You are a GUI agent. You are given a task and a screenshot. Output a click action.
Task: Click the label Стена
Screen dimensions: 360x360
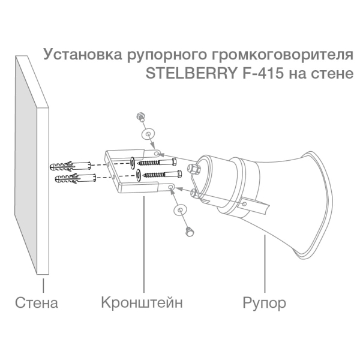(x=36, y=302)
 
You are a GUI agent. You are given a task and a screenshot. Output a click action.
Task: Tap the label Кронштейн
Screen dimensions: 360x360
(x=142, y=302)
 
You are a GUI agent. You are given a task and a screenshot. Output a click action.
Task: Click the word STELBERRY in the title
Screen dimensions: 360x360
(x=191, y=73)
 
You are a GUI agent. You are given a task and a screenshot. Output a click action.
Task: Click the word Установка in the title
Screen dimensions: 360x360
(x=83, y=55)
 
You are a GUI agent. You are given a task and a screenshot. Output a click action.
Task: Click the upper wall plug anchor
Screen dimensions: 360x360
(x=70, y=166)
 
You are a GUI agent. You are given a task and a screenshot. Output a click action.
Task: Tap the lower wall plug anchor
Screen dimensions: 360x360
(x=76, y=179)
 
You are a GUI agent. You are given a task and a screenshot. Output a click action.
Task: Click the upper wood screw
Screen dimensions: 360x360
(x=157, y=163)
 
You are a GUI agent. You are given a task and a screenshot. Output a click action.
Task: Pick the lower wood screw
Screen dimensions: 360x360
(x=163, y=175)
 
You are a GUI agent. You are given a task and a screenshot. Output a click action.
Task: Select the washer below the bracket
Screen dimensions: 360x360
(x=181, y=210)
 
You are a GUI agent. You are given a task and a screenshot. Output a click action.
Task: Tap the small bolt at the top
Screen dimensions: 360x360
(x=140, y=116)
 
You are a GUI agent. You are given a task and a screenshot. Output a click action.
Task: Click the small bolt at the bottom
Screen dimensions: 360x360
(x=190, y=232)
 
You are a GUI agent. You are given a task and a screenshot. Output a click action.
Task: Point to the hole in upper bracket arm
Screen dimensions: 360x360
(x=157, y=154)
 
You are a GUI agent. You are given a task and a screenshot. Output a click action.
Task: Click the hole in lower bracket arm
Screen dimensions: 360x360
(x=170, y=188)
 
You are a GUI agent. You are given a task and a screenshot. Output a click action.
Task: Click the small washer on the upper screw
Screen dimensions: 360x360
(x=133, y=163)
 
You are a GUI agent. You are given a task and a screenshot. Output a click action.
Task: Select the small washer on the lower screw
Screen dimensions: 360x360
(x=139, y=175)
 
